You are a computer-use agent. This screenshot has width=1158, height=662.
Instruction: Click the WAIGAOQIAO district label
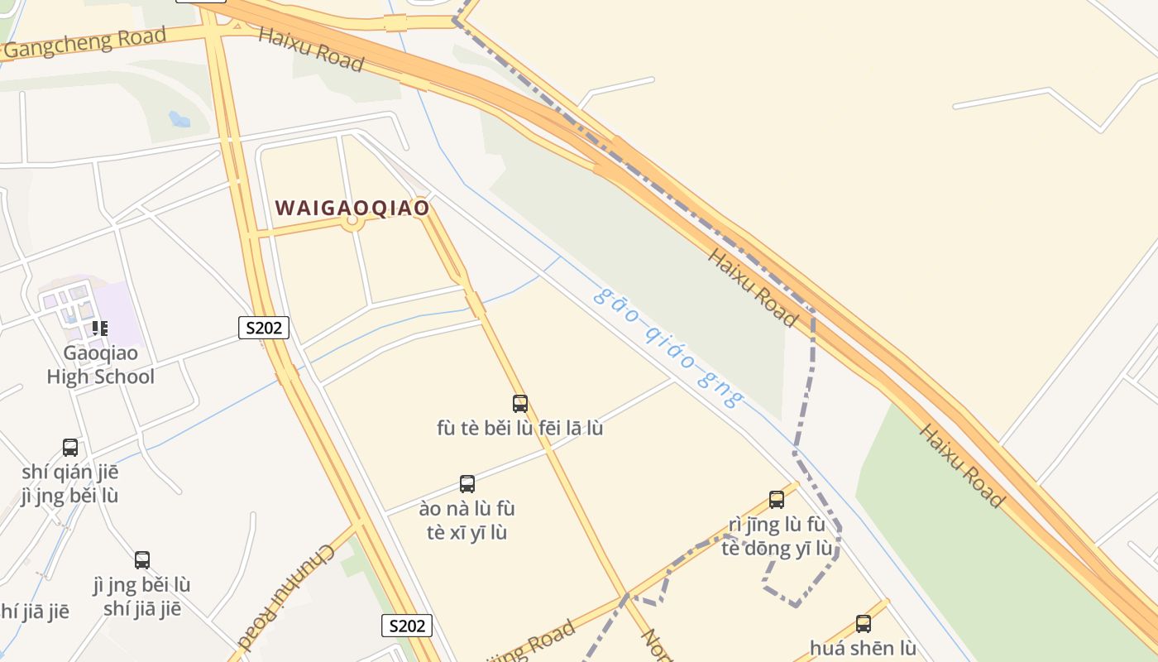point(352,207)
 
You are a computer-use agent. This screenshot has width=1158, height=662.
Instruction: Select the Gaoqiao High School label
point(100,365)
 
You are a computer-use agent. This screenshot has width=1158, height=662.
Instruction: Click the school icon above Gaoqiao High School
point(100,328)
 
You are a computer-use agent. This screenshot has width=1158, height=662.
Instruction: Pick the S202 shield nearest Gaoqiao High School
point(264,328)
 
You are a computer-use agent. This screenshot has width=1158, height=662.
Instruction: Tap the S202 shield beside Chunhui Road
point(407,626)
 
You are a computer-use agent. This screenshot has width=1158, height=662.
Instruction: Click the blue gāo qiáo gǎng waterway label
point(668,348)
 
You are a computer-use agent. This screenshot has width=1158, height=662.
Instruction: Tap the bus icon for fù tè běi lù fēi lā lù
point(519,404)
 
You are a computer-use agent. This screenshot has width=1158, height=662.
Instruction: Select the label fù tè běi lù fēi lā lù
point(519,429)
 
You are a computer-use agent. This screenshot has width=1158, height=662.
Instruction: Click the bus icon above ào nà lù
point(467,484)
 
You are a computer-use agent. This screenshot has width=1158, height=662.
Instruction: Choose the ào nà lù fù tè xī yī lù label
point(467,520)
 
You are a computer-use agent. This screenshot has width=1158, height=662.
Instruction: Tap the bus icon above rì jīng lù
point(776,500)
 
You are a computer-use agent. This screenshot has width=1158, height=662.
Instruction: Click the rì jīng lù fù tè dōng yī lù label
point(777,536)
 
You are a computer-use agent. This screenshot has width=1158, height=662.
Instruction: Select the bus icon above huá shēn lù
point(863,624)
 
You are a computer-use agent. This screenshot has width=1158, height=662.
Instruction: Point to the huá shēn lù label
point(863,648)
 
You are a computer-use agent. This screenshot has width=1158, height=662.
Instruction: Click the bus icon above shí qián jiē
point(70,448)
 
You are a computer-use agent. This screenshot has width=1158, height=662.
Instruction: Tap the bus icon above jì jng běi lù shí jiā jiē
point(142,560)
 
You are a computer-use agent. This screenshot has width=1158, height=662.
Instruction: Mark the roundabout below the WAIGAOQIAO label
point(353,220)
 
